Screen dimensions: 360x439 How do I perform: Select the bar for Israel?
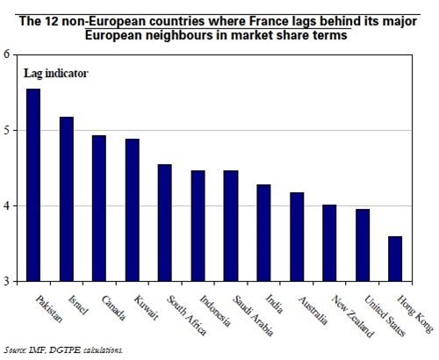(66, 199)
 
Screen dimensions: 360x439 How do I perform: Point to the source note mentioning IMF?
(61, 349)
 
